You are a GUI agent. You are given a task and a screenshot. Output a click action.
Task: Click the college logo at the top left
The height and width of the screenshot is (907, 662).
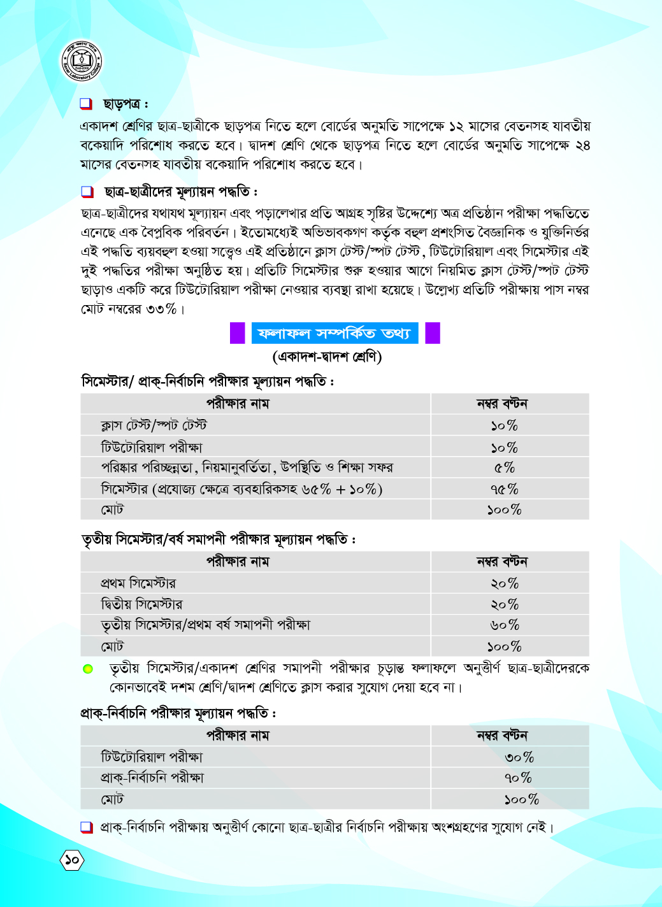click(x=82, y=62)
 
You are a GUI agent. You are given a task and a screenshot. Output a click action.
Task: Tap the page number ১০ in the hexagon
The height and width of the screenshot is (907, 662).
click(x=72, y=861)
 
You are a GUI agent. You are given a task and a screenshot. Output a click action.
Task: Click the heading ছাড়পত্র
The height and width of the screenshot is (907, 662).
click(x=126, y=104)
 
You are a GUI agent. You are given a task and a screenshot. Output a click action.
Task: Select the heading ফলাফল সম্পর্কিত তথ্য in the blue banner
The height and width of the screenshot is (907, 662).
click(x=335, y=333)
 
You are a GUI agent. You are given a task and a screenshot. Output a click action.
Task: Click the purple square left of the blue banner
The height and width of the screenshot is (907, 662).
click(x=237, y=333)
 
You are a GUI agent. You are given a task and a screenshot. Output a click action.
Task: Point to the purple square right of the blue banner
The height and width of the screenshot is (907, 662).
click(x=433, y=333)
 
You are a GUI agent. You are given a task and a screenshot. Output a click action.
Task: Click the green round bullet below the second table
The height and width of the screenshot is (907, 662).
click(x=88, y=669)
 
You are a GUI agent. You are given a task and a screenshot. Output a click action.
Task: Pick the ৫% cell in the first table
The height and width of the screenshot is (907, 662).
click(x=504, y=468)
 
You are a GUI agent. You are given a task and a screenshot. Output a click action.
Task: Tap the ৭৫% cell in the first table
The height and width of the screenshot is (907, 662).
click(x=504, y=489)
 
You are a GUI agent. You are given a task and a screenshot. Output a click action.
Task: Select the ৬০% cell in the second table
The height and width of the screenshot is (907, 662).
click(x=504, y=625)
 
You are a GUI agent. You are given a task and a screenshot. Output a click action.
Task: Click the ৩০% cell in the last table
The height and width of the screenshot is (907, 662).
click(x=519, y=757)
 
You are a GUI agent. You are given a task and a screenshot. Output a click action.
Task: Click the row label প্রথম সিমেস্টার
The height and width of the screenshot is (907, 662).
click(x=138, y=583)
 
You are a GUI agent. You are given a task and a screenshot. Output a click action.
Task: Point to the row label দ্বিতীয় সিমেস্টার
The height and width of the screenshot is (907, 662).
click(x=141, y=604)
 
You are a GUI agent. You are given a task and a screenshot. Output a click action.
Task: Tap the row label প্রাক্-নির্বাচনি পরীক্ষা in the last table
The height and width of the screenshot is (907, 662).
click(x=152, y=778)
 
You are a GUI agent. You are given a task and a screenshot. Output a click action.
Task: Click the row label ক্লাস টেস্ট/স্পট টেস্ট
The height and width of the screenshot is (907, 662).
click(x=154, y=425)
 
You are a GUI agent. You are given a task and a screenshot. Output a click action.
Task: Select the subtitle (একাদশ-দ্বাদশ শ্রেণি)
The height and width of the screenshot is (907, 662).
click(x=327, y=357)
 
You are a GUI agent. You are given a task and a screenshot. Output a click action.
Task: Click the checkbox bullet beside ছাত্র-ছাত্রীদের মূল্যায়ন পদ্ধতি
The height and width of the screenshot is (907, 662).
click(x=87, y=192)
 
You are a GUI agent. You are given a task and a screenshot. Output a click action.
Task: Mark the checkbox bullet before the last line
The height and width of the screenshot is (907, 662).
click(x=87, y=827)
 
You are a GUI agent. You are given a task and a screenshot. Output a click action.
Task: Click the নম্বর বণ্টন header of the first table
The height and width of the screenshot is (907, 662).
click(x=502, y=404)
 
